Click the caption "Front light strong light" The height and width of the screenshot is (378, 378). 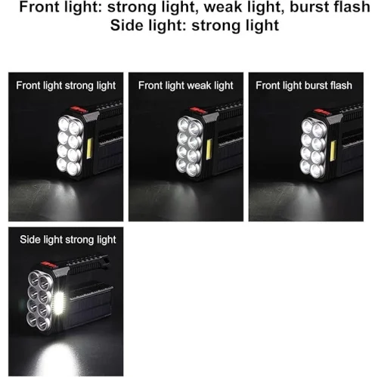click(66, 85)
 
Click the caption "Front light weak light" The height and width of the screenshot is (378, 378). click(186, 85)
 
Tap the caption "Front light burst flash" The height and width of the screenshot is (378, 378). click(304, 85)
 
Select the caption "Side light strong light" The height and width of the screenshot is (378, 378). click(68, 240)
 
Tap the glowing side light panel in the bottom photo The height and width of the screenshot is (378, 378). click(59, 303)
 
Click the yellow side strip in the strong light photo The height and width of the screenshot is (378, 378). click(90, 148)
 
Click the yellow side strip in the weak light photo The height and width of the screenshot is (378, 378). click(209, 149)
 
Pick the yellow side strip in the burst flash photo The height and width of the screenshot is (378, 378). click(333, 150)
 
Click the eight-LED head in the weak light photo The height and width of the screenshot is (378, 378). click(190, 146)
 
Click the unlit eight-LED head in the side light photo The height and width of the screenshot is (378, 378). click(40, 300)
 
